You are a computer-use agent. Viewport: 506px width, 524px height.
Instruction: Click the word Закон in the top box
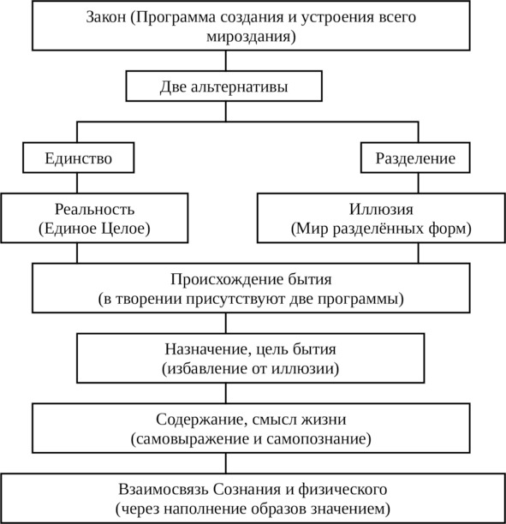[x=106, y=17]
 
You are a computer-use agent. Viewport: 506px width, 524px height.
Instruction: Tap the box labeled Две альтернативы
[x=224, y=86]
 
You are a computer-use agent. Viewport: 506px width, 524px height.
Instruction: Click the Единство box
[x=79, y=158]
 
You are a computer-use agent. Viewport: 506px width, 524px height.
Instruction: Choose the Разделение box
[x=415, y=158]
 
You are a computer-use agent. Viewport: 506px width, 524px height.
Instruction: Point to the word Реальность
[x=94, y=209]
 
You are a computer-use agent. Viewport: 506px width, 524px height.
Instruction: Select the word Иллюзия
[x=381, y=209]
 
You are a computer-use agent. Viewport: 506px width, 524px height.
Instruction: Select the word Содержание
[x=201, y=420]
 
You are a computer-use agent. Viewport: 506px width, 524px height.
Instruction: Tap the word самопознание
[x=318, y=438]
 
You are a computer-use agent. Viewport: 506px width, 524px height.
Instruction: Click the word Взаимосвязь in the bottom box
[x=164, y=489]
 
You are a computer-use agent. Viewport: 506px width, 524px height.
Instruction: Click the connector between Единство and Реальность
[x=77, y=182]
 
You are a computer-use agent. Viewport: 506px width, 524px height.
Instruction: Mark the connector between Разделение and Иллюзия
[x=419, y=182]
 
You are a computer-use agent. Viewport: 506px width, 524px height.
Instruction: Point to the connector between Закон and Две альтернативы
[x=226, y=61]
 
